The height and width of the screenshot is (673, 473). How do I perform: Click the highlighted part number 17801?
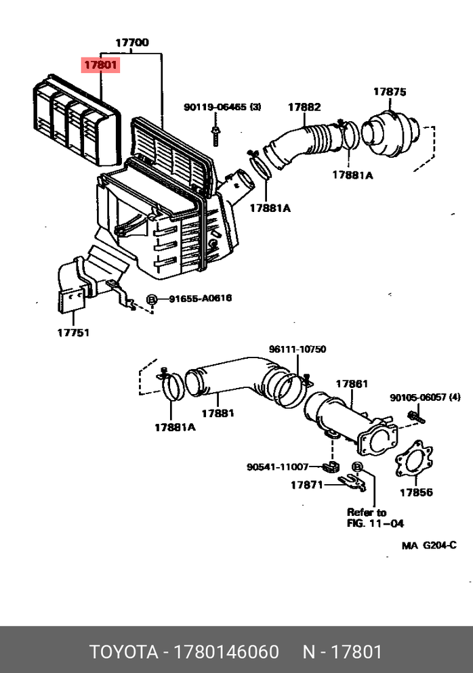click(x=100, y=66)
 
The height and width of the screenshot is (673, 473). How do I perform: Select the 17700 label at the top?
click(x=131, y=43)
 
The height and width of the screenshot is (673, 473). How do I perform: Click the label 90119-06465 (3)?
click(x=222, y=107)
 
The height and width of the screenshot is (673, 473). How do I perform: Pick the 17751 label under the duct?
click(x=73, y=332)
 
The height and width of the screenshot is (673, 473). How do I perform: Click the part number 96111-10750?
click(x=297, y=349)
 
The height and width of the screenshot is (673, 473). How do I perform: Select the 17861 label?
click(x=352, y=384)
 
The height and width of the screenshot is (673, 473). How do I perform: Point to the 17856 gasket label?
click(x=415, y=492)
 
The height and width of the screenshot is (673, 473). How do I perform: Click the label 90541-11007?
click(x=278, y=466)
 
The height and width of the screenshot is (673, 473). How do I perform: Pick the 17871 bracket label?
click(x=308, y=485)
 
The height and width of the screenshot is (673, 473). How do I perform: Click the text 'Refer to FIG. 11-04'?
click(x=367, y=517)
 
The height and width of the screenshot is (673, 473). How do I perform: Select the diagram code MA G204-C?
click(x=429, y=546)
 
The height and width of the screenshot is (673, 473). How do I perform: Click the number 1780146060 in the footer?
click(x=227, y=652)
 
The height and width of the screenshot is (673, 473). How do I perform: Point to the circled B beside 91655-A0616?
click(x=152, y=299)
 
